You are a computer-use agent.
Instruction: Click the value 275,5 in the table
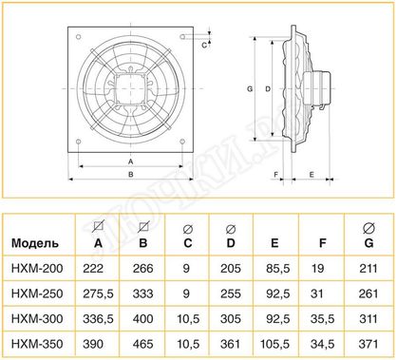click(97, 294)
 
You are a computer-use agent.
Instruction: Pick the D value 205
click(230, 271)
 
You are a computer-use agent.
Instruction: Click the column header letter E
click(274, 244)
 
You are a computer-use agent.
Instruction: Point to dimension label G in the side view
click(249, 88)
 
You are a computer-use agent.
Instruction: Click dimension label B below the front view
click(129, 174)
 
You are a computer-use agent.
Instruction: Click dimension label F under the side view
click(275, 175)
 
